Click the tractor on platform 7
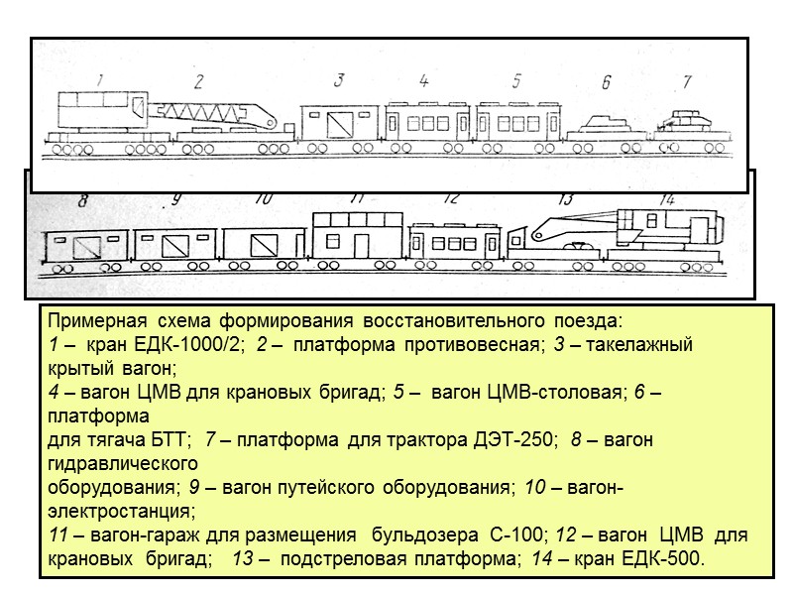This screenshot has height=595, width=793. pyautogui.click(x=686, y=119)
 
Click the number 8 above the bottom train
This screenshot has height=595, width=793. pyautogui.click(x=84, y=199)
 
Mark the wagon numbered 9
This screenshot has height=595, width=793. pyautogui.click(x=174, y=244)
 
